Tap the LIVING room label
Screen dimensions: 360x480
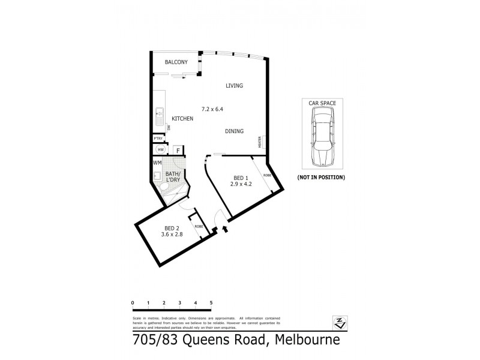click(x=234, y=86)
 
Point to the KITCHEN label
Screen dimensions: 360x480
click(x=182, y=119)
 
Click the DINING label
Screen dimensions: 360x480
click(x=233, y=131)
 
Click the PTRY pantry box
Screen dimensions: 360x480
click(x=158, y=138)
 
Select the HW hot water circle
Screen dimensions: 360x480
click(x=160, y=150)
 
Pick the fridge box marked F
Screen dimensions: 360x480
click(x=178, y=150)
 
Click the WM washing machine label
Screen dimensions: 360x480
click(x=157, y=163)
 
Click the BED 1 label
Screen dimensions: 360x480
click(x=239, y=177)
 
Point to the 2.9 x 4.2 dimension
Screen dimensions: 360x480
click(x=239, y=184)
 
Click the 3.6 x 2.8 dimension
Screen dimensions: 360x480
click(x=172, y=235)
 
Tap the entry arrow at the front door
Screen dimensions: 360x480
click(x=225, y=229)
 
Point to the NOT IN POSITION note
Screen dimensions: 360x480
click(x=322, y=178)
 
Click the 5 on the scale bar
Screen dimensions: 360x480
click(x=211, y=303)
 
